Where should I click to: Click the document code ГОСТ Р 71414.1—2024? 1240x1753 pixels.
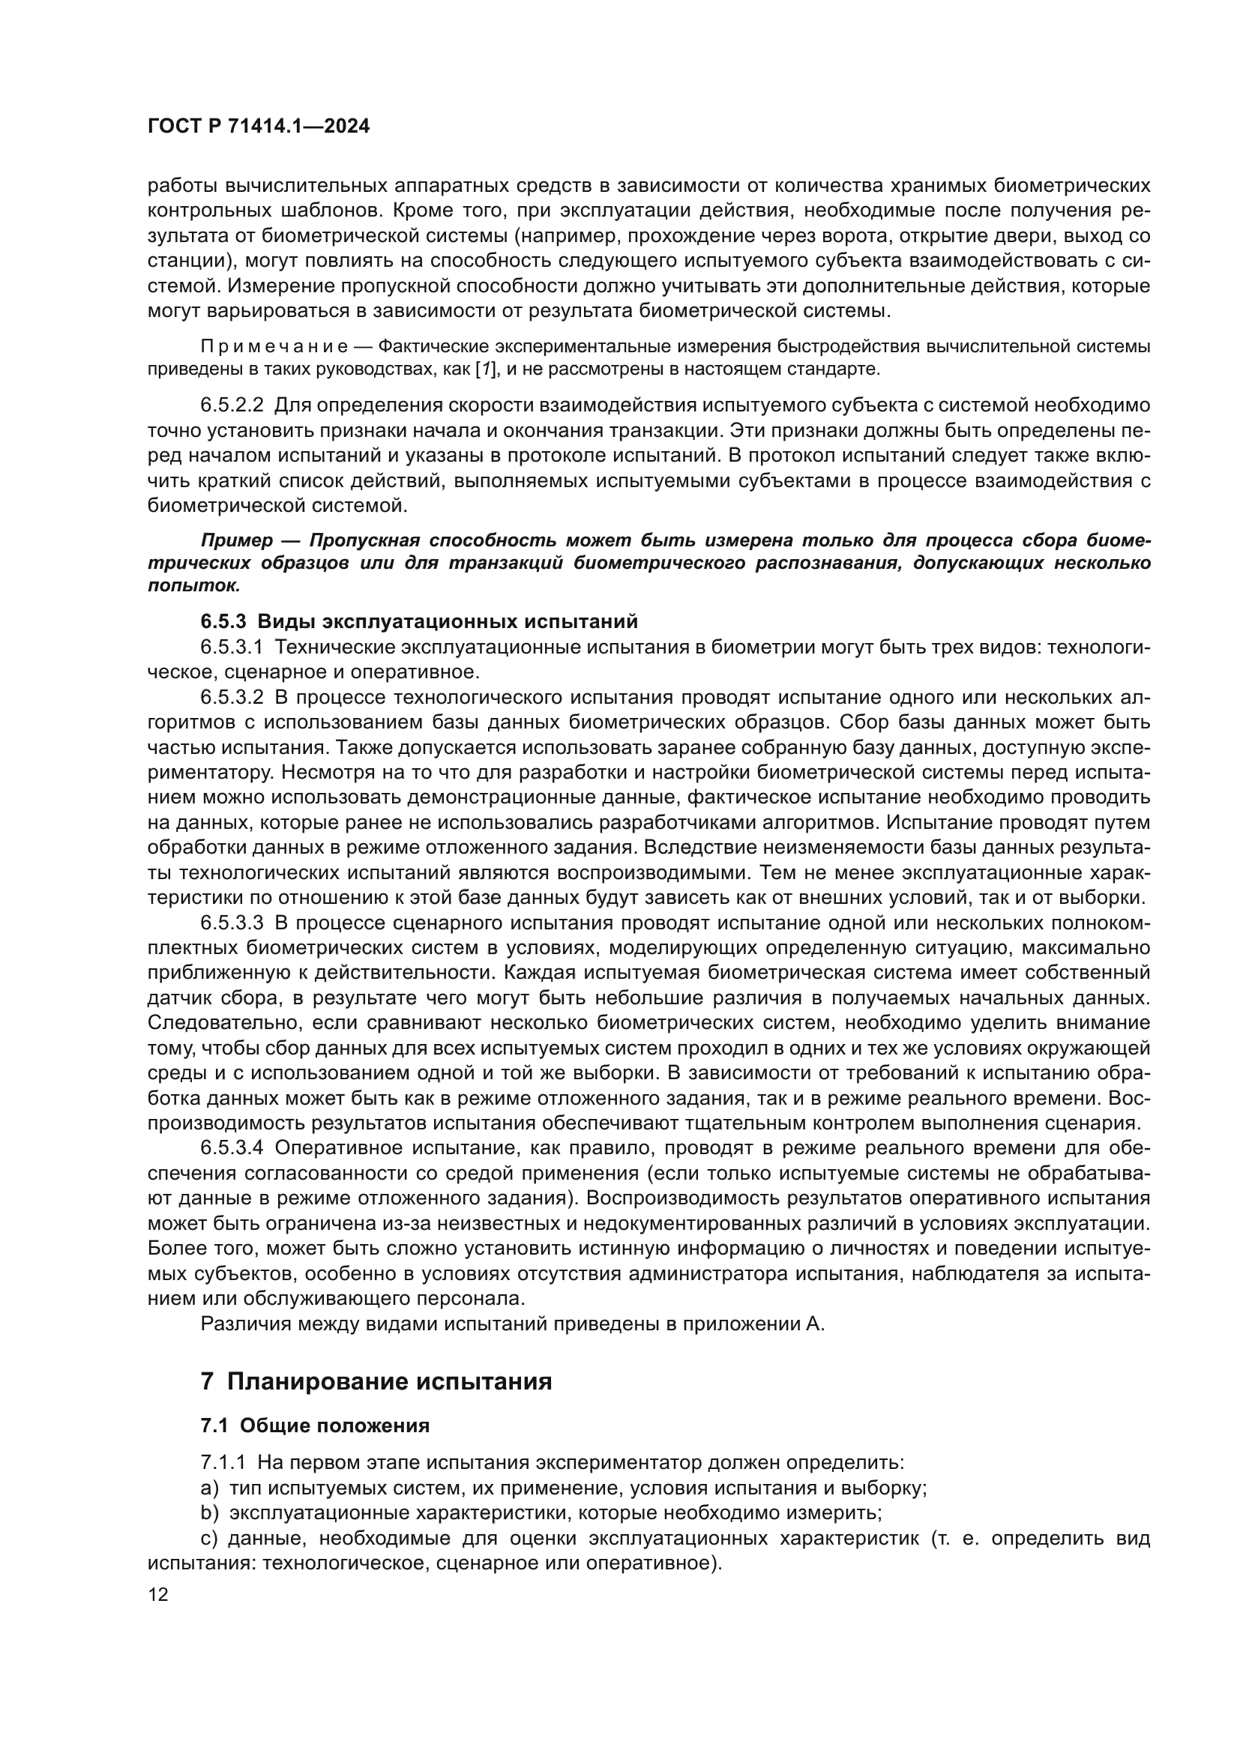pyautogui.click(x=258, y=127)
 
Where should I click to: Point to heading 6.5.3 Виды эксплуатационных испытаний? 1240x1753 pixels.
pyautogui.click(x=418, y=621)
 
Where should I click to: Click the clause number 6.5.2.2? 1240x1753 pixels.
pyautogui.click(x=232, y=405)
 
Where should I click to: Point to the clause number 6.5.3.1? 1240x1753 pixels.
pyautogui.click(x=232, y=648)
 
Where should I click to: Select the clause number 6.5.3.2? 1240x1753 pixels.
pyautogui.click(x=232, y=697)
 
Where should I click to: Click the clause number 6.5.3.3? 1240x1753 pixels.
pyautogui.click(x=232, y=923)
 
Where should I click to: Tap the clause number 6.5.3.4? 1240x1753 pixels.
pyautogui.click(x=232, y=1148)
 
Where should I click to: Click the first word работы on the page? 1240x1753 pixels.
pyautogui.click(x=175, y=186)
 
